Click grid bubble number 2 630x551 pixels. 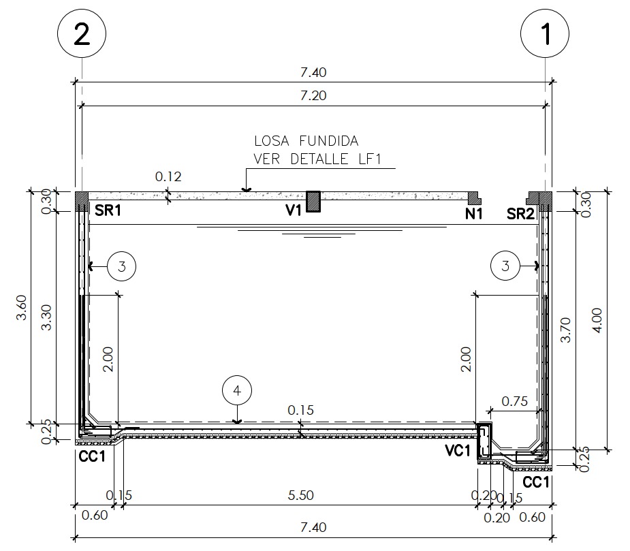tap(82, 33)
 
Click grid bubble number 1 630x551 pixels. tap(544, 33)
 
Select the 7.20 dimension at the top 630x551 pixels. tap(313, 95)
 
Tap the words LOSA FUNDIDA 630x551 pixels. tap(306, 141)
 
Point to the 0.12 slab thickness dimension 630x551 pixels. tap(168, 176)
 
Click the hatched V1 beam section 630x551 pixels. tap(313, 202)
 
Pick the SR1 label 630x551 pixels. tap(108, 210)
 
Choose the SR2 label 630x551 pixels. tap(520, 214)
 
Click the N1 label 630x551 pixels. tap(474, 215)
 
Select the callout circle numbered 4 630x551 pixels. tap(237, 391)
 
